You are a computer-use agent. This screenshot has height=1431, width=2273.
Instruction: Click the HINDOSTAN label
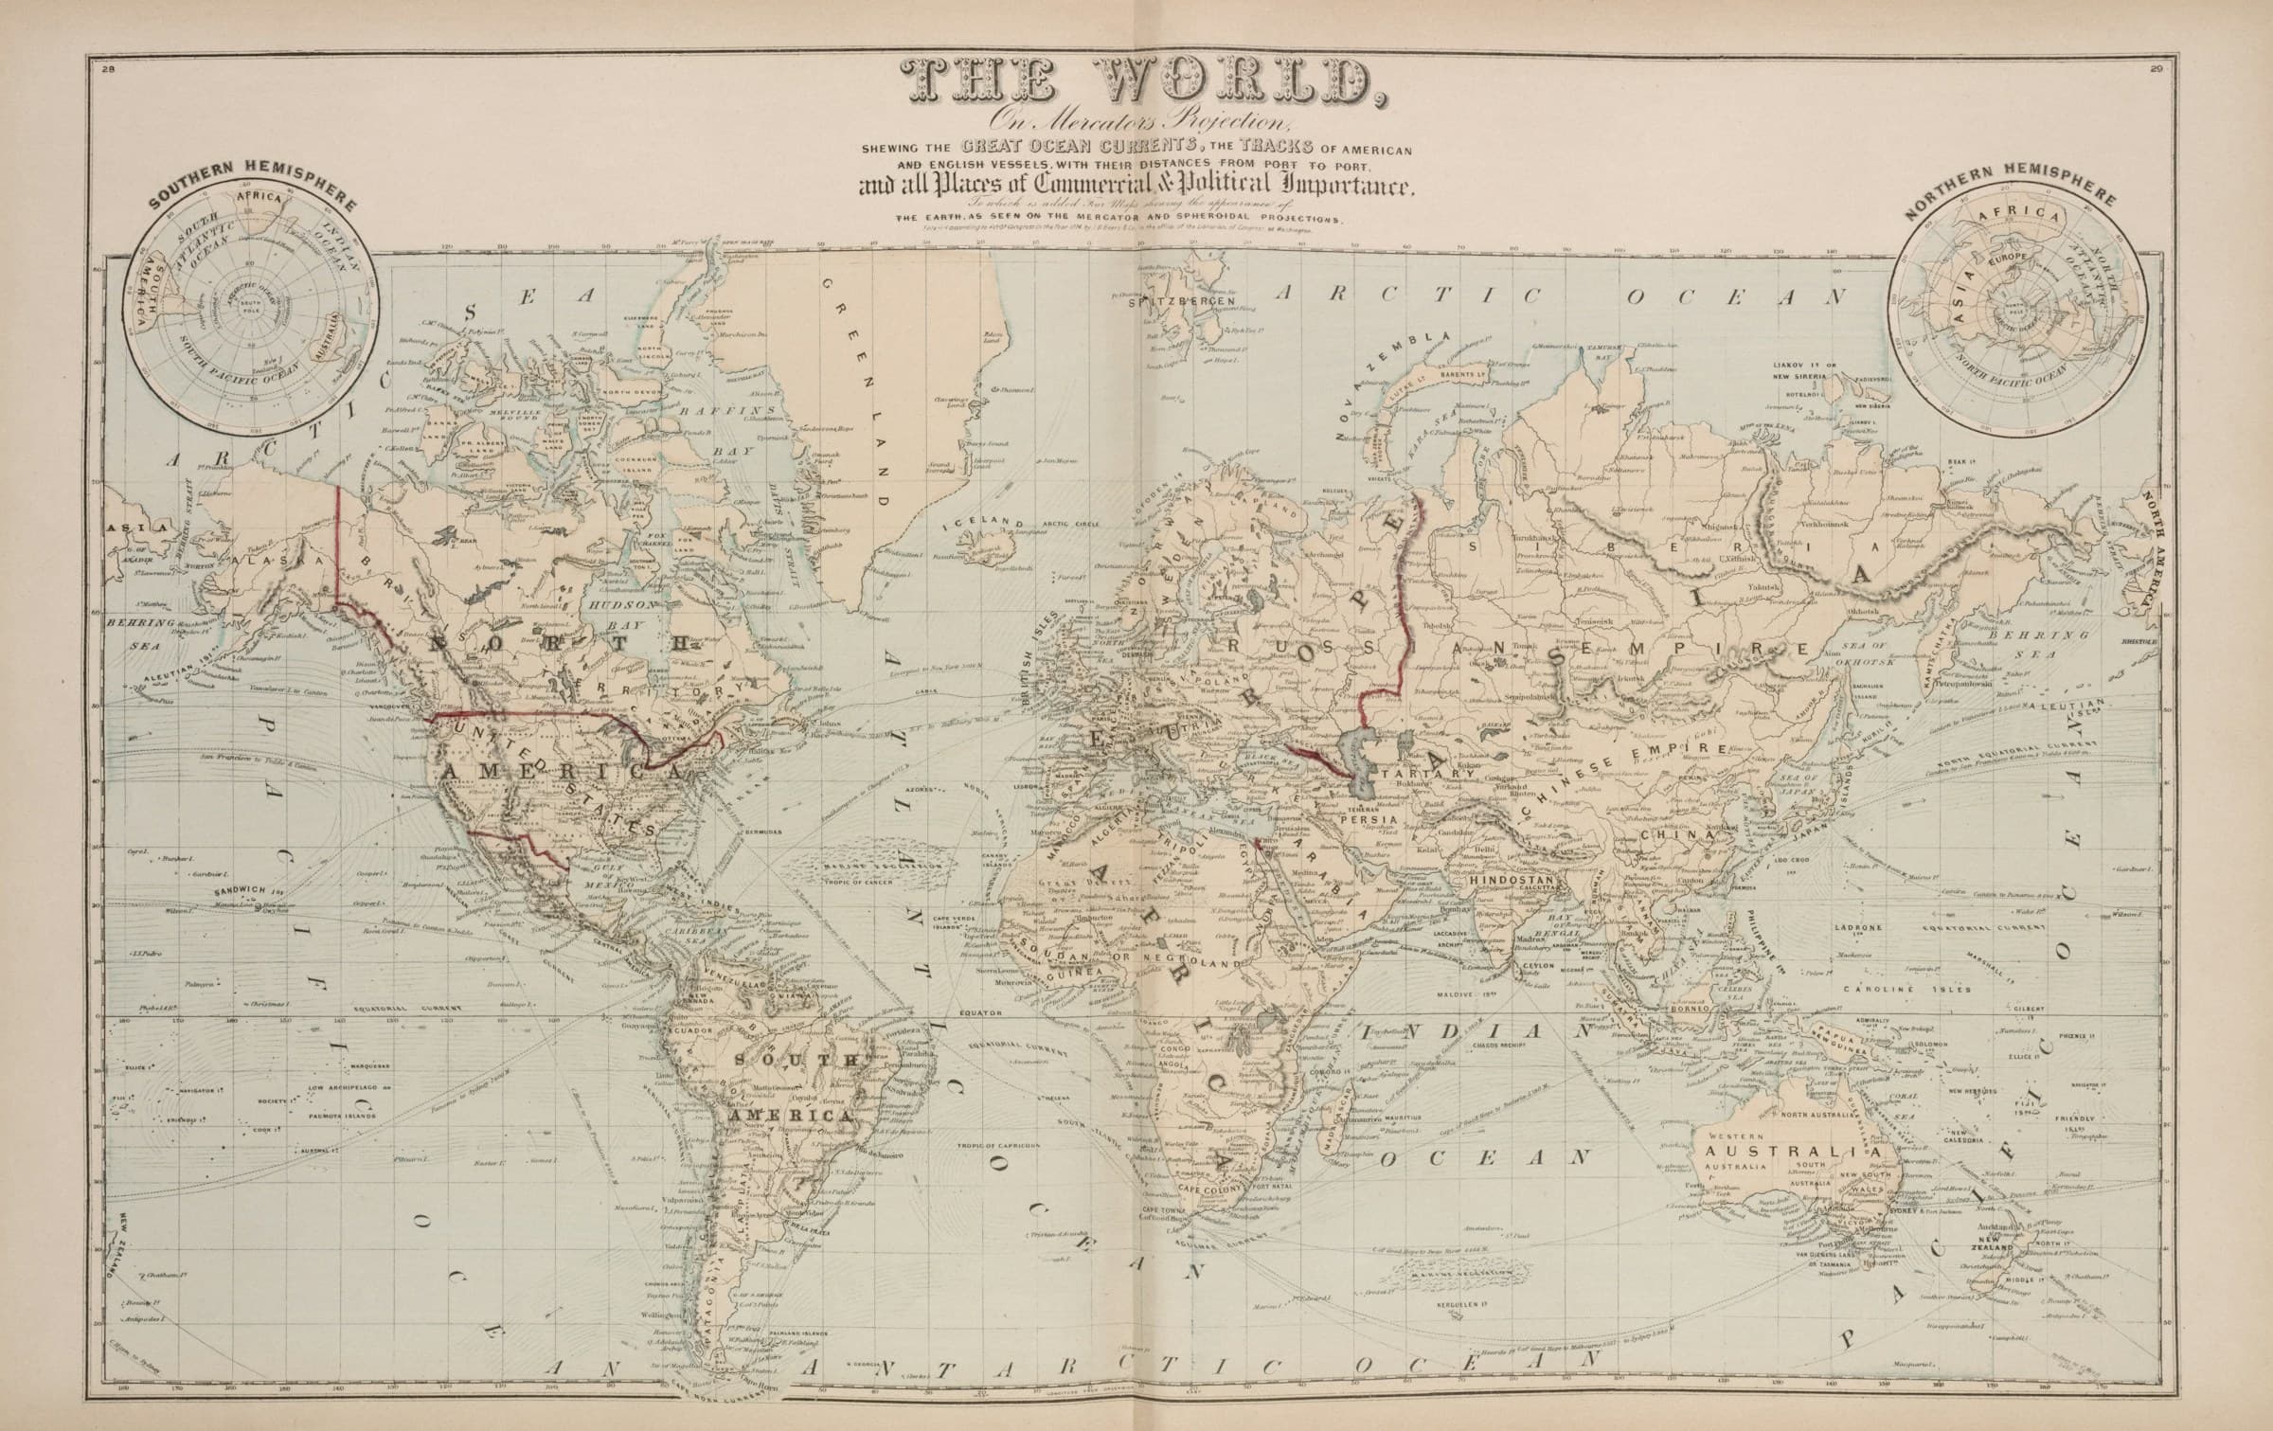[1512, 880]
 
